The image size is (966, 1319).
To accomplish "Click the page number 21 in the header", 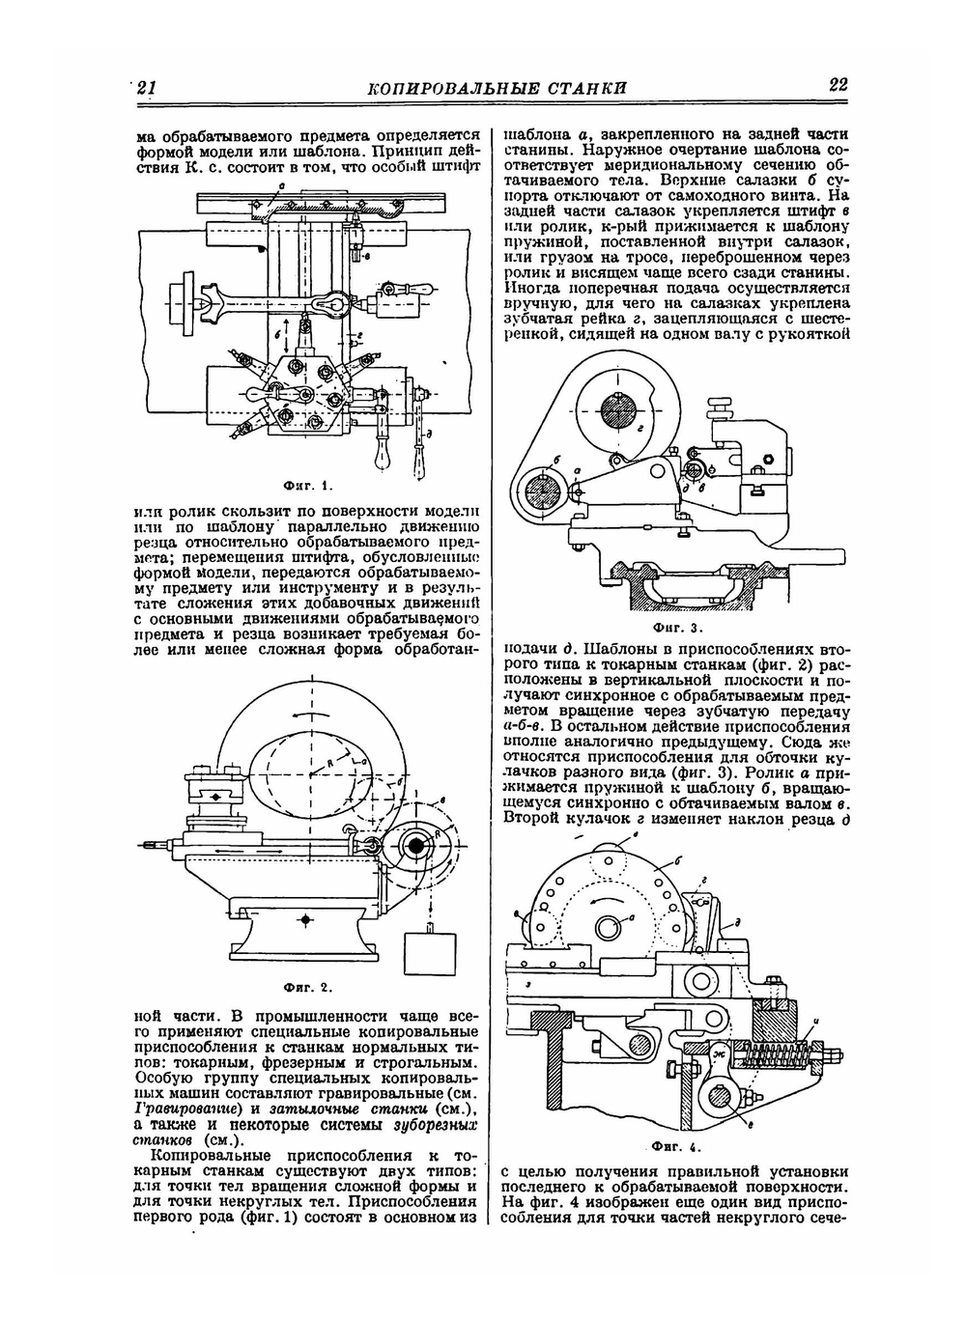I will tap(147, 88).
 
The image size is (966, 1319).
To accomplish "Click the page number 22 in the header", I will tap(838, 86).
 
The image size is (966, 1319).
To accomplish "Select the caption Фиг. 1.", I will tap(306, 485).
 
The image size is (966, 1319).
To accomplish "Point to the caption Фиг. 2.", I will tap(306, 988).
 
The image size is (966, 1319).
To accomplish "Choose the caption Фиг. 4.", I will tap(676, 1147).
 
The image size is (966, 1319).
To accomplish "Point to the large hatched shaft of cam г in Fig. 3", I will tap(619, 409).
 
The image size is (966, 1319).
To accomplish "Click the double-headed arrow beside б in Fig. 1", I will tap(288, 330).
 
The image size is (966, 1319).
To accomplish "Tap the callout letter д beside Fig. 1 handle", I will tap(427, 432).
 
